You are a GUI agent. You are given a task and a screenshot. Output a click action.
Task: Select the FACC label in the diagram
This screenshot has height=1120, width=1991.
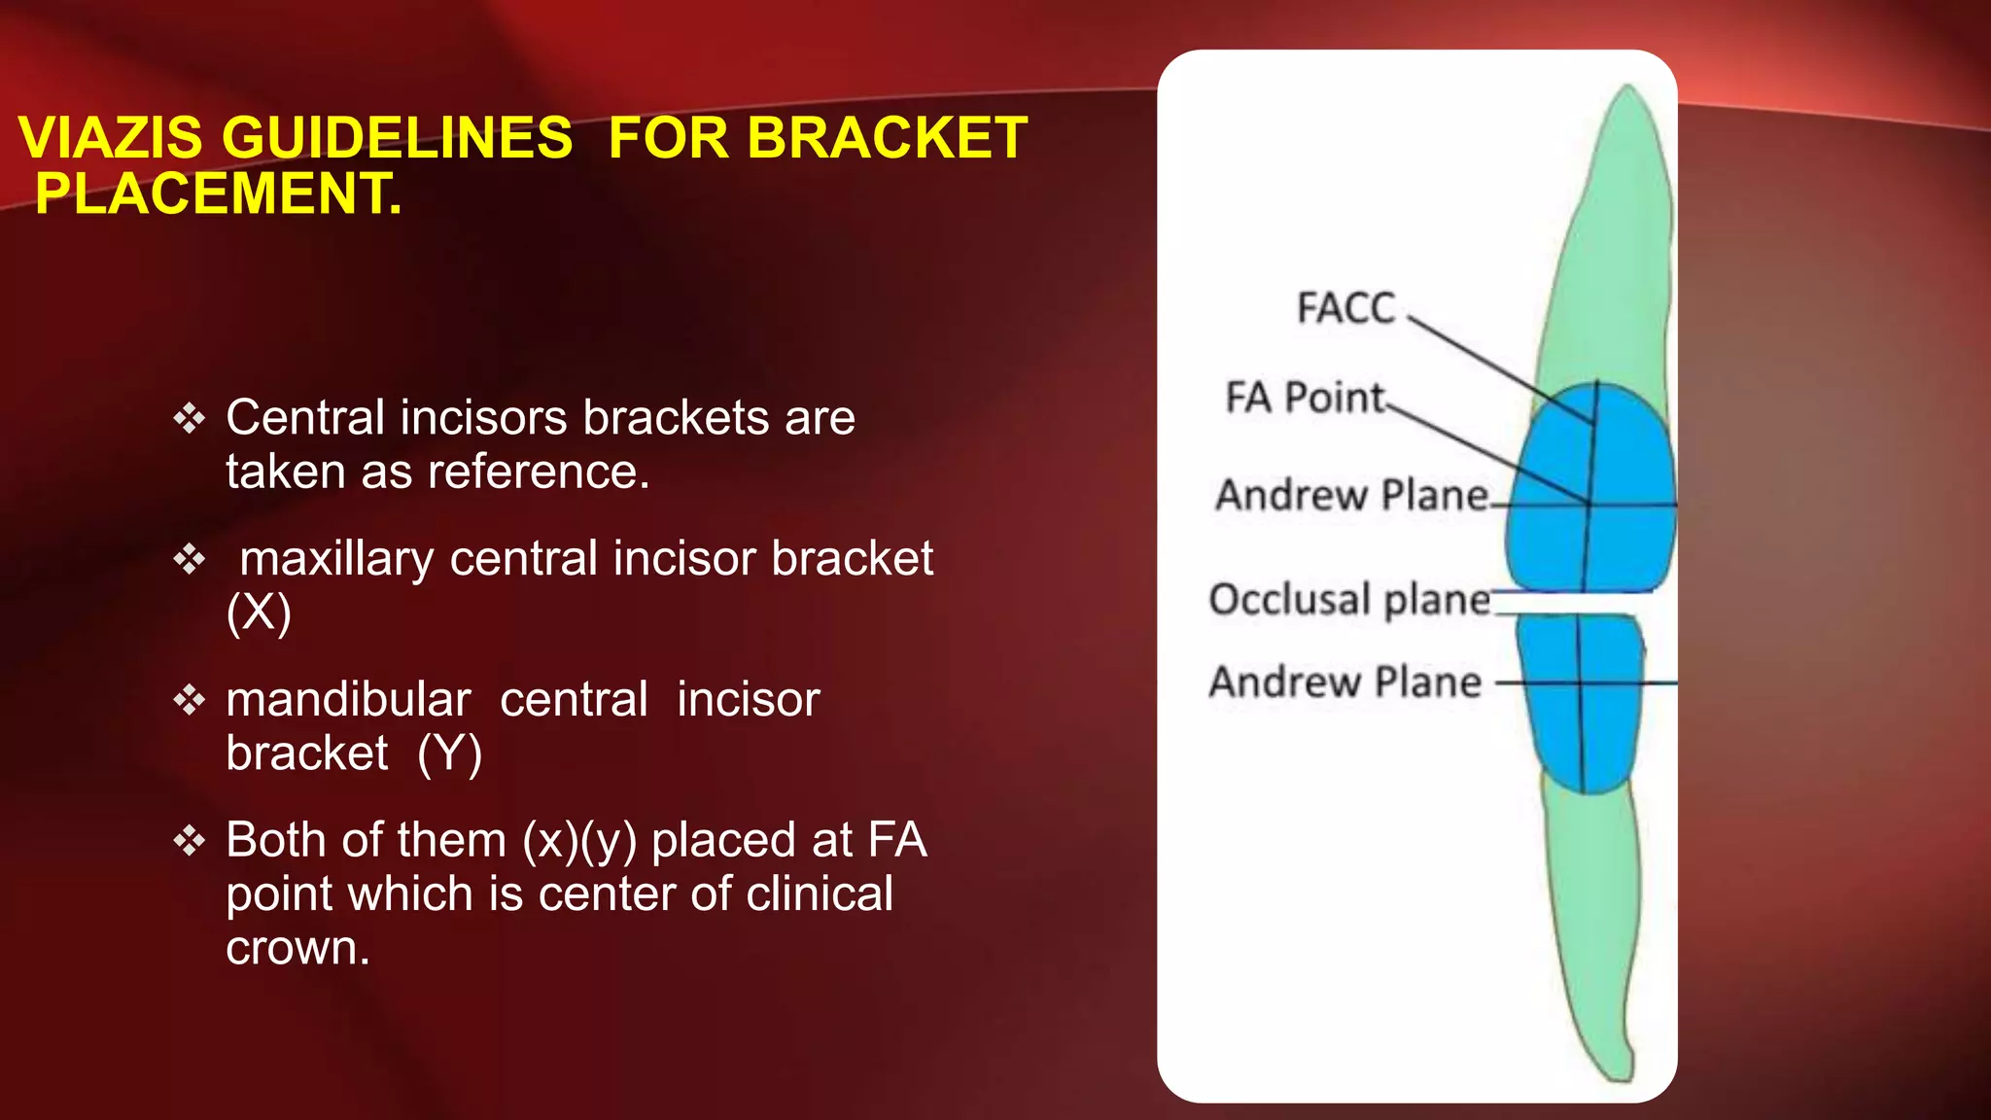(x=1345, y=308)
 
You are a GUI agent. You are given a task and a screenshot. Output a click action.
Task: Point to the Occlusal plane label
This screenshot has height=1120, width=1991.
(x=1348, y=599)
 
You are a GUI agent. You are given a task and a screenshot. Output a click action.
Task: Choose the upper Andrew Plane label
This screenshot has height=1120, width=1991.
(x=1351, y=495)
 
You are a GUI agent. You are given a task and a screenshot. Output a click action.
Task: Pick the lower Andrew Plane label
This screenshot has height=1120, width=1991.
(x=1345, y=682)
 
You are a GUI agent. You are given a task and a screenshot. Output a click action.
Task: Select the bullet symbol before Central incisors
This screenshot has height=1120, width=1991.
(x=189, y=419)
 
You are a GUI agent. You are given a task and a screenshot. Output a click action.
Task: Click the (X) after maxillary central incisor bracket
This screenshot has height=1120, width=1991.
(x=259, y=612)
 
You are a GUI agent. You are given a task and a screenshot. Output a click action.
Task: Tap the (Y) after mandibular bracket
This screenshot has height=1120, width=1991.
(x=449, y=754)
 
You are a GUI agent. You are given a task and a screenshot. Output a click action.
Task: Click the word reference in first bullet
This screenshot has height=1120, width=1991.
(x=538, y=472)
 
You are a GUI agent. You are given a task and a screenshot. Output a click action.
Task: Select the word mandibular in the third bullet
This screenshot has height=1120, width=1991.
(x=348, y=700)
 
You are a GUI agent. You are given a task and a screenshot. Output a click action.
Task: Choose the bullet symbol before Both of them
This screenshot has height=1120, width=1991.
(x=189, y=841)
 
